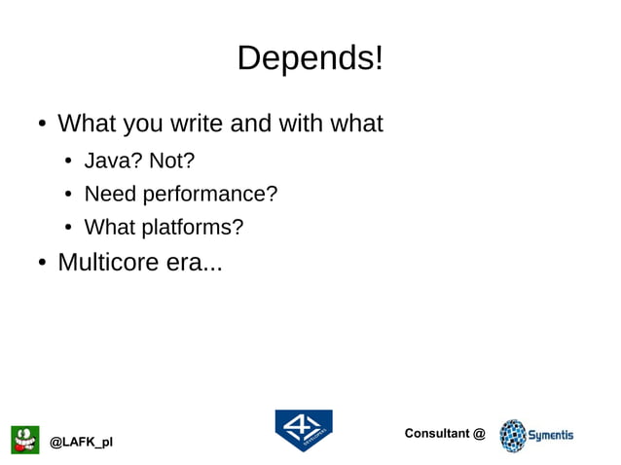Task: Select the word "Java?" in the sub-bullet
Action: pos(113,161)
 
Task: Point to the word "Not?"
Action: pos(171,161)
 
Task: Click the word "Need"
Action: pos(111,195)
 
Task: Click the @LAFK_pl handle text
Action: pos(81,443)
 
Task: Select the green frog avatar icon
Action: pos(25,440)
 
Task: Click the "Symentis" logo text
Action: pos(551,435)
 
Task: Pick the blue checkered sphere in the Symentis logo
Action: pos(512,436)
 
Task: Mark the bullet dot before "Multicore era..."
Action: pos(42,264)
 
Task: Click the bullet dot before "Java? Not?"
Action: pos(70,161)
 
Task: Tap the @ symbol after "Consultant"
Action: pos(479,433)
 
